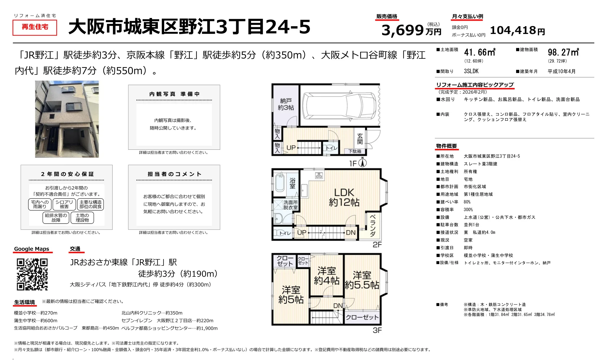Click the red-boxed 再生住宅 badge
coord(35,27)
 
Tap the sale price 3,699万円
coord(411,30)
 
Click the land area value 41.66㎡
coord(479,53)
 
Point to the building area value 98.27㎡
coord(563,53)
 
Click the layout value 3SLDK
coord(471,71)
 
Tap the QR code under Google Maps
coord(32,274)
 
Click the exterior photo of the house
coord(67,119)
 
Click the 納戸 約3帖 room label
coord(285,105)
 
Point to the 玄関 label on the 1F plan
coord(360,139)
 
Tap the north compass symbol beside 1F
coord(363,163)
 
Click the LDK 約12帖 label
coord(344,197)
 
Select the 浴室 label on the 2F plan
coord(292,183)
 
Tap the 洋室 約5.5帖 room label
coord(362,280)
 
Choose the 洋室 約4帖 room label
coord(327,276)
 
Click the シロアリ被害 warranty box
coord(64,204)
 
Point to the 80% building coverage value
coord(467,202)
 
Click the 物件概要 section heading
coord(446,146)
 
